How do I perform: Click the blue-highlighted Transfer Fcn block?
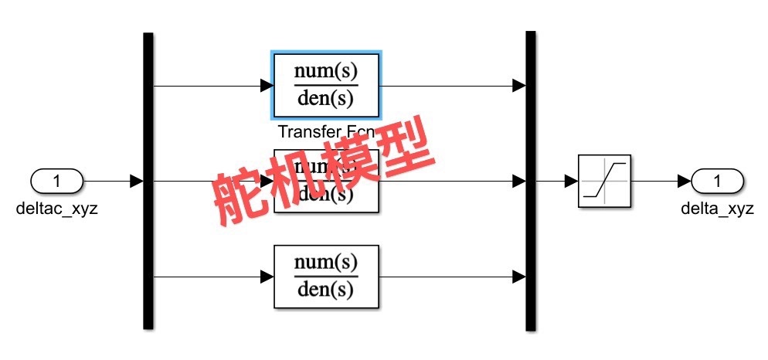326,84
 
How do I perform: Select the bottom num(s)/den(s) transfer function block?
326,277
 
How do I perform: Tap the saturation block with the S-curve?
604,181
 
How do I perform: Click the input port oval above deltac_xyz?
56,182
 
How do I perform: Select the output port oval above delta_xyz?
716,182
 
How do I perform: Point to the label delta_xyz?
717,209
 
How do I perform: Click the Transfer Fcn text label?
325,132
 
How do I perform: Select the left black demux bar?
148,181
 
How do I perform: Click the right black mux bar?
531,181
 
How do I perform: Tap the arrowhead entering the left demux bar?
137,182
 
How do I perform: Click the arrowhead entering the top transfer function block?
264,85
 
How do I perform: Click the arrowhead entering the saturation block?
572,182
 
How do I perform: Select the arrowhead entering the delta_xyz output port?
685,182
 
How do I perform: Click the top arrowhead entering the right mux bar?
519,85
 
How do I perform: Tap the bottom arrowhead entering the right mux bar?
519,277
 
